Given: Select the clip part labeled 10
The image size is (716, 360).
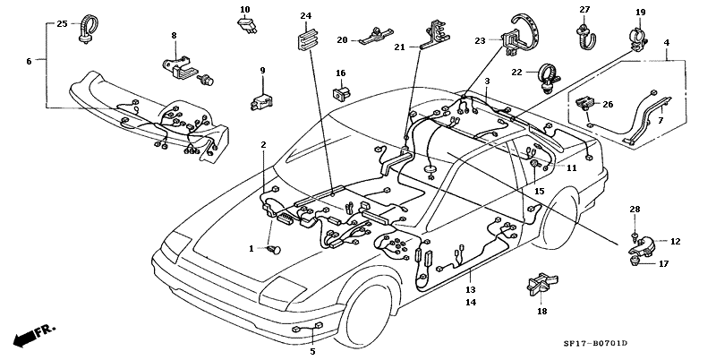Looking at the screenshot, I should [245, 26].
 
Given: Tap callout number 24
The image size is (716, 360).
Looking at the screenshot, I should [305, 17].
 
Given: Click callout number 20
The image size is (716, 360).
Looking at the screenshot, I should [342, 40].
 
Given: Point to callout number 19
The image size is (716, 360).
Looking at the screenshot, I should [640, 13].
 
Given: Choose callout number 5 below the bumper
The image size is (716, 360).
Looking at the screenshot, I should [312, 351].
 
